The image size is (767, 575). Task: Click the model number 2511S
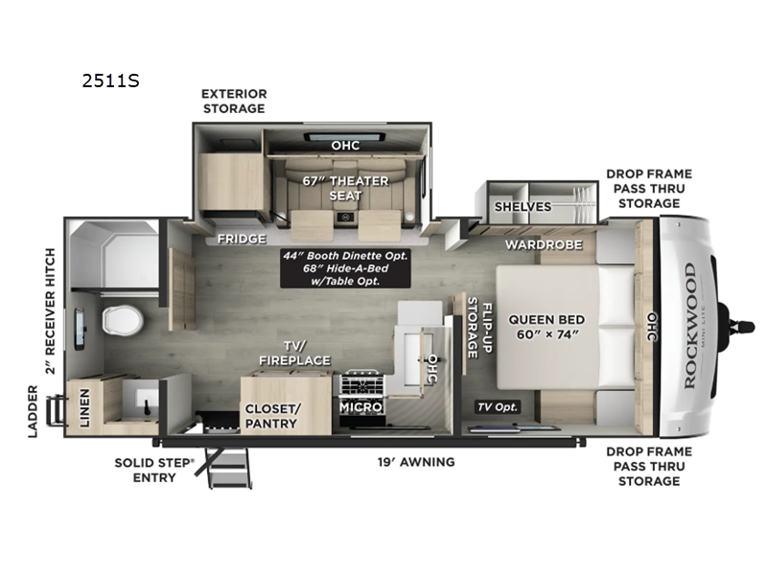[112, 80]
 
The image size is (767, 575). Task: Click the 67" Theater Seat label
[346, 188]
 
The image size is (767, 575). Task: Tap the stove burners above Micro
[361, 384]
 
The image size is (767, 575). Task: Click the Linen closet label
[84, 407]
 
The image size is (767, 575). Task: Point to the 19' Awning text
[415, 461]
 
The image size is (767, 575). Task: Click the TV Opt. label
[499, 406]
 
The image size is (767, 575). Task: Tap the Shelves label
[523, 206]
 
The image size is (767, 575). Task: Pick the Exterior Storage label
[233, 101]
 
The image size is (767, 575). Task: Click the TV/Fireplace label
[293, 353]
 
